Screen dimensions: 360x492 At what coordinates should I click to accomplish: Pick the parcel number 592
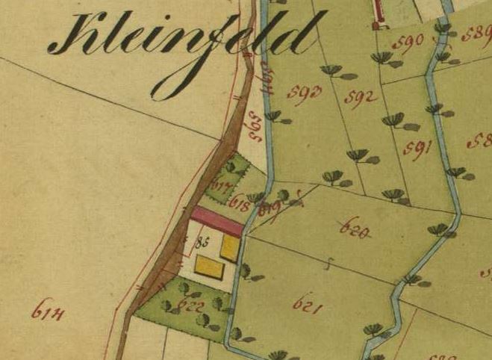[360, 98]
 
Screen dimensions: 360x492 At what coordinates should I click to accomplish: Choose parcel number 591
[419, 146]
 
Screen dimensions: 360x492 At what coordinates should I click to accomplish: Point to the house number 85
[200, 242]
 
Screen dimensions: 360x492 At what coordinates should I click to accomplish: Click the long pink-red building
[217, 221]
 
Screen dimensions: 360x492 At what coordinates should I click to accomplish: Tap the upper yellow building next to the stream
[230, 249]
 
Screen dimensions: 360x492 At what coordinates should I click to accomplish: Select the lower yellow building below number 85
[209, 266]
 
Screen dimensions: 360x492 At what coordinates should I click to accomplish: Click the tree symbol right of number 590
[443, 30]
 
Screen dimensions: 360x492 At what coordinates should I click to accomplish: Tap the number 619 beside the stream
[268, 209]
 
